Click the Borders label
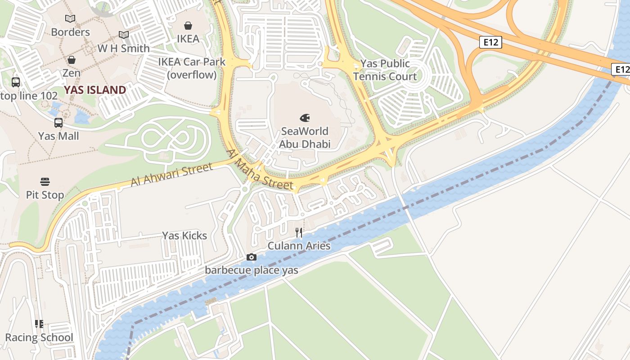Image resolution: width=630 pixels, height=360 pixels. pyautogui.click(x=70, y=32)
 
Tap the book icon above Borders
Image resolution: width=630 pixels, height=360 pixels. pyautogui.click(x=70, y=18)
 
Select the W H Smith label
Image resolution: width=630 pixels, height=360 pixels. pyautogui.click(x=124, y=49)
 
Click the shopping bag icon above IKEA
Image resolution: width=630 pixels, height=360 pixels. pyautogui.click(x=188, y=26)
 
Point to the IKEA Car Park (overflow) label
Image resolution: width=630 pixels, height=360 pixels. pyautogui.click(x=192, y=68)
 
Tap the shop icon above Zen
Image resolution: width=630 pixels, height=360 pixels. pyautogui.click(x=71, y=60)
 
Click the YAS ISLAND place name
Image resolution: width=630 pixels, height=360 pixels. pyautogui.click(x=95, y=90)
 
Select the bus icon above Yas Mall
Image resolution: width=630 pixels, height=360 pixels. pyautogui.click(x=58, y=123)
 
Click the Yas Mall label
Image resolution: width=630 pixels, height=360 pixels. pyautogui.click(x=58, y=136)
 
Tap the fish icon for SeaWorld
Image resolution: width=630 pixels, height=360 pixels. pyautogui.click(x=305, y=118)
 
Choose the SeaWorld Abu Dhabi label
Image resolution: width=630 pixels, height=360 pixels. pyautogui.click(x=305, y=138)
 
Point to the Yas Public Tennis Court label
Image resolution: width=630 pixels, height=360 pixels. pyautogui.click(x=381, y=70)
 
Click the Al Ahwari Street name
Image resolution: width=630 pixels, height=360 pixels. pyautogui.click(x=171, y=175)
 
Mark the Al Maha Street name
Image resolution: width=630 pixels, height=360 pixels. pyautogui.click(x=260, y=170)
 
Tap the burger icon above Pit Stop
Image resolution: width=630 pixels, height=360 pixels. pyautogui.click(x=45, y=182)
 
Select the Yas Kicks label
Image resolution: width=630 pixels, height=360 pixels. pyautogui.click(x=184, y=236)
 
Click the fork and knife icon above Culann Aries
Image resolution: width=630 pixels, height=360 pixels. pyautogui.click(x=299, y=233)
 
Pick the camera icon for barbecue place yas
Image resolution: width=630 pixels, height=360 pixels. pyautogui.click(x=252, y=257)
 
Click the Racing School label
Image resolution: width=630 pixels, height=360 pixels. pyautogui.click(x=39, y=337)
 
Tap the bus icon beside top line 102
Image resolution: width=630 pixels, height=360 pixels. pyautogui.click(x=16, y=82)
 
